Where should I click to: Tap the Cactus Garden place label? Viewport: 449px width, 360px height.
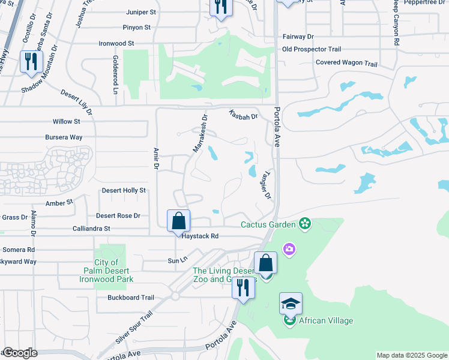(x=268, y=225)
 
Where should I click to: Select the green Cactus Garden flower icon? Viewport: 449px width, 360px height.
(x=305, y=224)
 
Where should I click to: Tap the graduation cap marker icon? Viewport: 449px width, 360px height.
(x=291, y=304)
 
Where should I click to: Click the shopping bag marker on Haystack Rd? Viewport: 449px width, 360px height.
(x=179, y=221)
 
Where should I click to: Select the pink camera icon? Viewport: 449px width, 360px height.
(x=289, y=249)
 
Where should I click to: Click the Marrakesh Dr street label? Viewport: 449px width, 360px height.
(x=200, y=133)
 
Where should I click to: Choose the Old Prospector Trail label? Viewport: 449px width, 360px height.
(x=312, y=49)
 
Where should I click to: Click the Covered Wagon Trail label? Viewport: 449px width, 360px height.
(x=346, y=63)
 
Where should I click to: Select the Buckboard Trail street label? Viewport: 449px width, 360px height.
(x=131, y=297)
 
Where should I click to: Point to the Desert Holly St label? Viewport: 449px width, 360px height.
(x=124, y=190)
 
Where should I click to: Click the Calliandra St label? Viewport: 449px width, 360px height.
(x=91, y=229)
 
